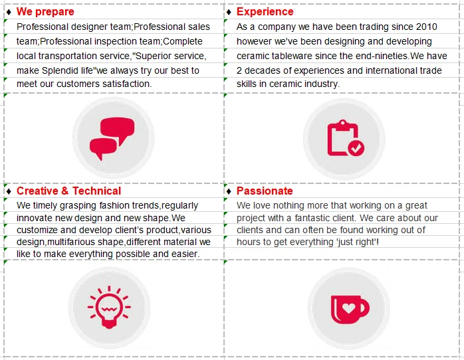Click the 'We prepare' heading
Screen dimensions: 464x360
[x=45, y=12]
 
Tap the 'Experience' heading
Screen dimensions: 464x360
[x=265, y=11]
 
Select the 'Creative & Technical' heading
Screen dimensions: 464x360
[x=68, y=191]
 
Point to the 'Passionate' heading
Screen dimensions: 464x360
[x=265, y=191]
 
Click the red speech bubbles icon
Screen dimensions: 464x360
[x=112, y=137]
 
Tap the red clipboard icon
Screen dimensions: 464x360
[x=345, y=137]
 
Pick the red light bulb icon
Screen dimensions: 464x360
[x=109, y=308]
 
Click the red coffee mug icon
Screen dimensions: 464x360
[x=350, y=309]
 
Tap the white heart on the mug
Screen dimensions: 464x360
[x=348, y=309]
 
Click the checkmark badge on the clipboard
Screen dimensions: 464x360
[x=356, y=147]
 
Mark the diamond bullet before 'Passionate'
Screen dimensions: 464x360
[x=229, y=191]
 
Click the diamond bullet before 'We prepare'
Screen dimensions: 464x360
[x=9, y=12]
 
